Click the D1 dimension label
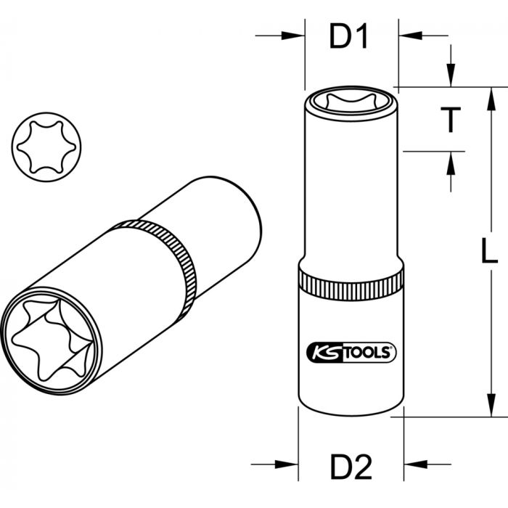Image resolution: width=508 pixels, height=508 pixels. [348, 37]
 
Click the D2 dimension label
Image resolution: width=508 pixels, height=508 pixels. [351, 467]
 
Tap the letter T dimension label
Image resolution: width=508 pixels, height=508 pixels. [451, 120]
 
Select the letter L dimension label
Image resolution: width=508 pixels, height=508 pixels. [489, 250]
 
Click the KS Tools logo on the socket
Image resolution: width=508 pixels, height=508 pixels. [351, 353]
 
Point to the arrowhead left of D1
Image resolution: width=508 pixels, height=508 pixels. [293, 36]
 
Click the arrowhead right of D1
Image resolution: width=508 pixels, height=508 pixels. [411, 36]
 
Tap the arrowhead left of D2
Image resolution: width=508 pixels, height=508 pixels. [287, 464]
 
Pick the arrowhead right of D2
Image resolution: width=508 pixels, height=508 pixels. [416, 464]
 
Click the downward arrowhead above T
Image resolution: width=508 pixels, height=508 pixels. [451, 75]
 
